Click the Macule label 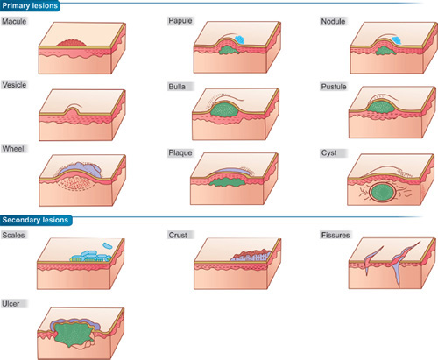14,21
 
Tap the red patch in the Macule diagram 72,43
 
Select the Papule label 180,21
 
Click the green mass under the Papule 229,50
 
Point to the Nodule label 333,21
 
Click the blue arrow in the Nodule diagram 397,40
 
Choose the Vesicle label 14,85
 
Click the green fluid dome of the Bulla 225,110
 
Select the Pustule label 334,87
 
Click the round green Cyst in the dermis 383,193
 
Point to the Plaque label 180,152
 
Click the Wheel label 13,149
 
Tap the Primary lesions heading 30,5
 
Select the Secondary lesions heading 35,220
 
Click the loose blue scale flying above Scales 107,245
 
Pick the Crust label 178,235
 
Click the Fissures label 336,235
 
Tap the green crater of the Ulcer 73,335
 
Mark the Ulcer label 11,304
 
